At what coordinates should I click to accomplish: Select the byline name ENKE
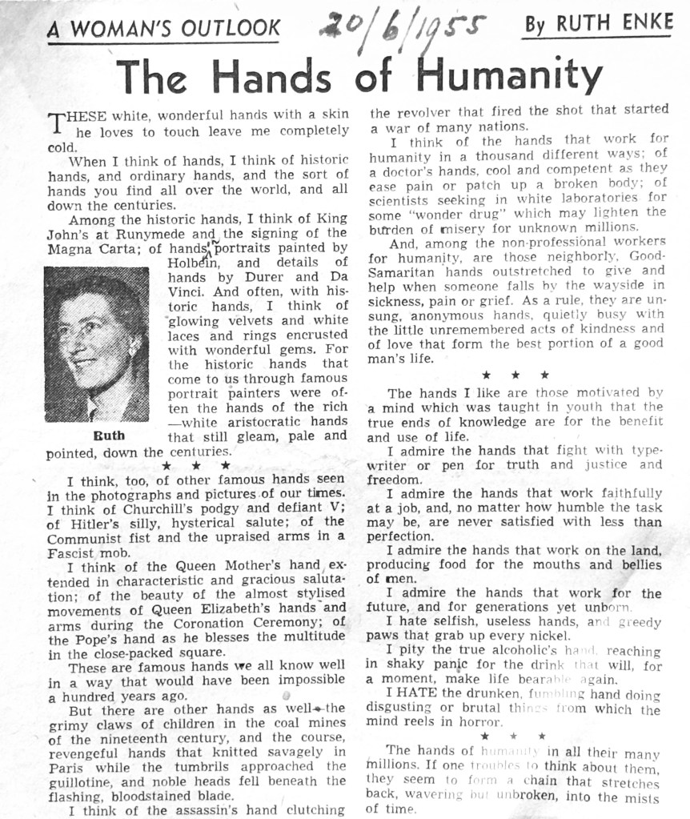(x=646, y=23)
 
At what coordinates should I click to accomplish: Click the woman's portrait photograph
(x=96, y=343)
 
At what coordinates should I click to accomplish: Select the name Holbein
(x=191, y=263)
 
